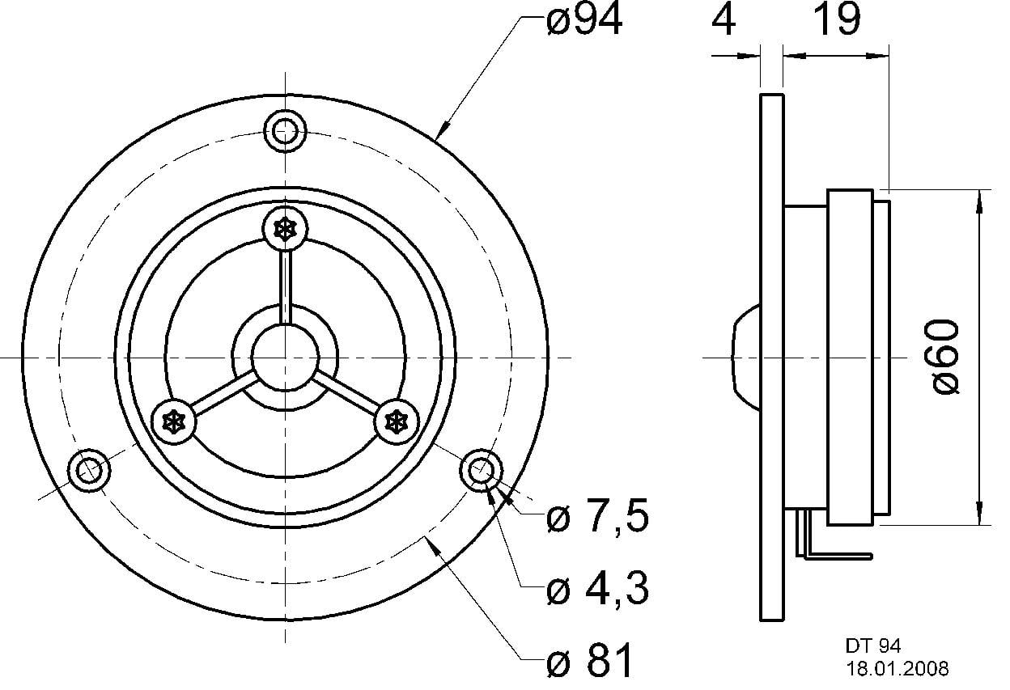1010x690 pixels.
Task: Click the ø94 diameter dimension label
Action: (584, 22)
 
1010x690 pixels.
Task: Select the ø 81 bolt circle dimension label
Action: (588, 662)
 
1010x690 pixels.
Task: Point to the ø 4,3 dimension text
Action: (597, 591)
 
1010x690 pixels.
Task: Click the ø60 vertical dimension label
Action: (946, 357)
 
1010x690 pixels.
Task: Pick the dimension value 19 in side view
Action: (836, 22)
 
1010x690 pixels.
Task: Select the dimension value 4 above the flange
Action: (725, 22)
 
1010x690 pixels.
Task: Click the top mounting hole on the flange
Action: (286, 130)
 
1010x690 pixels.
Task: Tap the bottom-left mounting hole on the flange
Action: (88, 470)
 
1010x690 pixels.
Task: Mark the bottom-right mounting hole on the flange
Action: (482, 469)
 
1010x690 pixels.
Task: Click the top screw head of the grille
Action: (286, 230)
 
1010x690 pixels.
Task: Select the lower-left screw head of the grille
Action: (174, 421)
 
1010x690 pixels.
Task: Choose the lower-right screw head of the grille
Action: (397, 421)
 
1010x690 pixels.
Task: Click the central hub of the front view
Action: (285, 357)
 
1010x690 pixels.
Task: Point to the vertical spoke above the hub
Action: (286, 286)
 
